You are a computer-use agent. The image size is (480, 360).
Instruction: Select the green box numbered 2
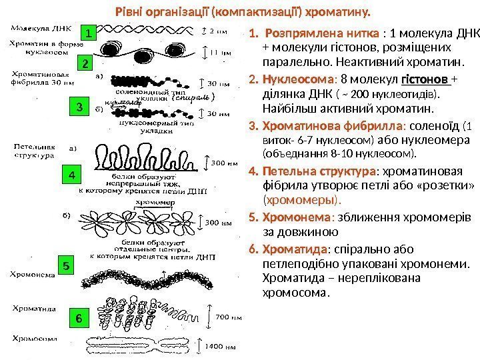pos(85,64)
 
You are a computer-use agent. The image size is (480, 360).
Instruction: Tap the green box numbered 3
pos(79,107)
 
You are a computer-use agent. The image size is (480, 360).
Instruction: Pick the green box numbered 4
pos(73,175)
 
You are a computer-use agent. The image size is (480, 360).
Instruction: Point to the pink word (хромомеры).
pos(302,199)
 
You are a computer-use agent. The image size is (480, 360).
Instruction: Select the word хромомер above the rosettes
pos(151,199)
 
